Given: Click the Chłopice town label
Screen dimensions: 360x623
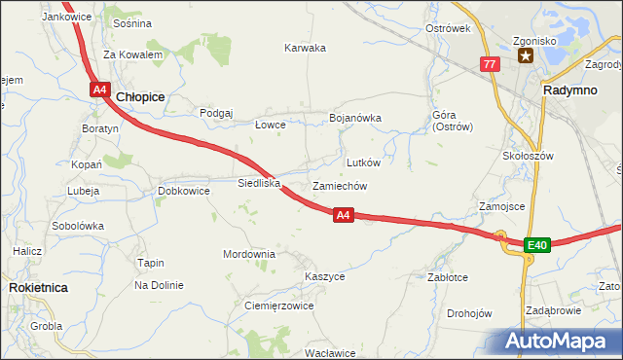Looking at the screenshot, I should pyautogui.click(x=140, y=97).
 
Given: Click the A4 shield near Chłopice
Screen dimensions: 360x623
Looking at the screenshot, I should pyautogui.click(x=99, y=90).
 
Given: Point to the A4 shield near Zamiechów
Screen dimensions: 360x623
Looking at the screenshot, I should pyautogui.click(x=343, y=215).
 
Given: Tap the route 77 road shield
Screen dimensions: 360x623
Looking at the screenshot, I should pyautogui.click(x=490, y=64).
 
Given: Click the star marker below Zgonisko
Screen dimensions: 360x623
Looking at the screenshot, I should pyautogui.click(x=526, y=55).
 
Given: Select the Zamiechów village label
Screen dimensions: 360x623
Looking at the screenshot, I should pyautogui.click(x=339, y=186).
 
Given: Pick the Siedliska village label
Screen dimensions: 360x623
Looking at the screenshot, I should pyautogui.click(x=259, y=182).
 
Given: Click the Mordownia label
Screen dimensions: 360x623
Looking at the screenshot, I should pyautogui.click(x=249, y=254).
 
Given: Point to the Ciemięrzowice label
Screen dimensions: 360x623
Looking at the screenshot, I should pyautogui.click(x=277, y=306).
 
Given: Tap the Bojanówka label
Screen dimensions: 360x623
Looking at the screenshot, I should pyautogui.click(x=355, y=118).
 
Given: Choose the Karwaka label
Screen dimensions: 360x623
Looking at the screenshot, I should pyautogui.click(x=305, y=48).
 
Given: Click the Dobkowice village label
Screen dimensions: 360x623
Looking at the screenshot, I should pyautogui.click(x=184, y=192).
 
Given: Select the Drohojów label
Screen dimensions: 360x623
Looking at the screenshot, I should pyautogui.click(x=469, y=313).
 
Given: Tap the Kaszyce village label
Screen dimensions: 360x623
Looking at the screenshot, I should pyautogui.click(x=324, y=276).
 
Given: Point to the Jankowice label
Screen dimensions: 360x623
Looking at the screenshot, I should pyautogui.click(x=67, y=18).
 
